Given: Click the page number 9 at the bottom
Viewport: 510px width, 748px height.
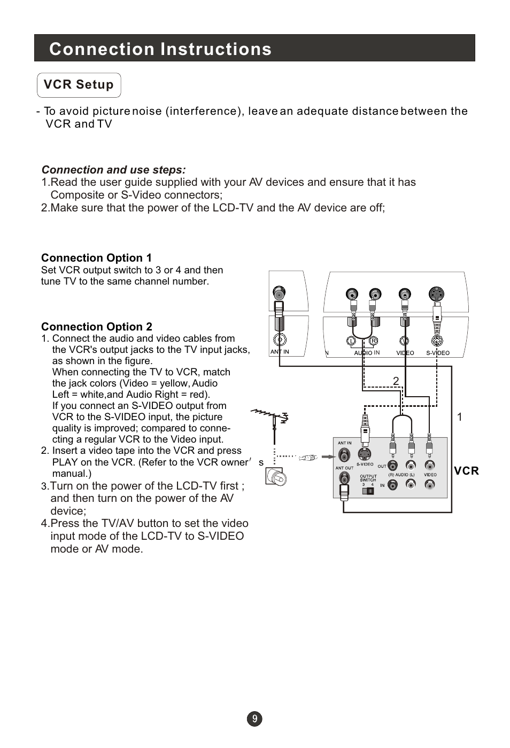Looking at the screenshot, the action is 254,719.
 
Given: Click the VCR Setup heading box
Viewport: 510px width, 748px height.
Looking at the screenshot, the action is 79,85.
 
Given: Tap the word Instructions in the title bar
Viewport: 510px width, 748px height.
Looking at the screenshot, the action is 216,49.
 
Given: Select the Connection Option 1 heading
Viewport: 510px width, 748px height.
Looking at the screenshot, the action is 96,258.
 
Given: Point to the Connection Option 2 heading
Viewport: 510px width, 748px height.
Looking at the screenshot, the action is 97,326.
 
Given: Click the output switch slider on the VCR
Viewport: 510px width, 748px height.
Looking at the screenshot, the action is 368,491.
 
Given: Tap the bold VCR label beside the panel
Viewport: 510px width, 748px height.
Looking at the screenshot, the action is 467,471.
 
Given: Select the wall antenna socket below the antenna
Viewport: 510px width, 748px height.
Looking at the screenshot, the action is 276,476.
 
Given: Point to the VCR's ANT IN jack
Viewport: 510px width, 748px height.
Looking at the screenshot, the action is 344,454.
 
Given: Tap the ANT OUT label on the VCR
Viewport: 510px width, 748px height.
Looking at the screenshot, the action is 344,468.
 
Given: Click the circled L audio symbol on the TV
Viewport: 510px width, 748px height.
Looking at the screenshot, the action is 351,341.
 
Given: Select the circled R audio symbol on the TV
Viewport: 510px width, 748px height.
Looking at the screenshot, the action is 373,341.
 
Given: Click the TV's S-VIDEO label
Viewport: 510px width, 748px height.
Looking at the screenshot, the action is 438,353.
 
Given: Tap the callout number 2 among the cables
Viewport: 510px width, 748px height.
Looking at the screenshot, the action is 396,381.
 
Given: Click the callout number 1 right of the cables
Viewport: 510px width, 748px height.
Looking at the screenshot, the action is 460,417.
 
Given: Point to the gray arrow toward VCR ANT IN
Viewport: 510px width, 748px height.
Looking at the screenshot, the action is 329,457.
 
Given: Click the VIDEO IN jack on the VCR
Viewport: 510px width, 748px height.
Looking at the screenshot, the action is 430,484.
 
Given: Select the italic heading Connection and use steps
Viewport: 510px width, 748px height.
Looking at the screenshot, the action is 114,170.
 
